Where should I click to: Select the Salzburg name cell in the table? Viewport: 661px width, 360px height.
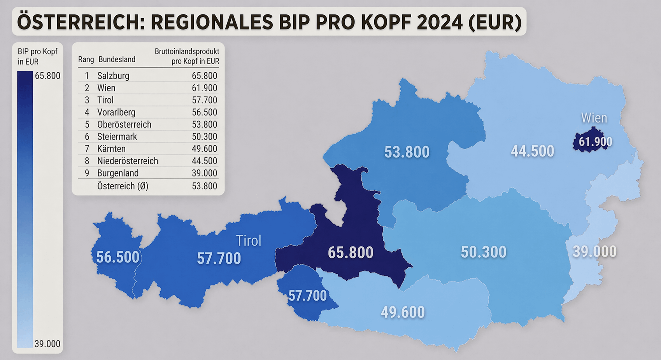tap(113, 76)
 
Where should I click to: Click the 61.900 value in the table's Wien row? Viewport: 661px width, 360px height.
tap(204, 88)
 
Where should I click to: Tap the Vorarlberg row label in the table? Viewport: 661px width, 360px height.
tap(116, 112)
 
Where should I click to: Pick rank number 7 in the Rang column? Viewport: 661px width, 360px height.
tap(87, 149)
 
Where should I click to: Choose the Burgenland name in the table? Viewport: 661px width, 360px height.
tap(118, 173)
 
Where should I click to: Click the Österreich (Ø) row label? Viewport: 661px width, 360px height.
tap(123, 186)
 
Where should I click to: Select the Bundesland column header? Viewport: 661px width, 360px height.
tap(117, 59)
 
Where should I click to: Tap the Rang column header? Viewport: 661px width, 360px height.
tap(86, 59)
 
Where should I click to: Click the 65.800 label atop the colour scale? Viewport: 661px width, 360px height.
tap(47, 76)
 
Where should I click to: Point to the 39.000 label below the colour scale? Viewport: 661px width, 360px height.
tap(47, 344)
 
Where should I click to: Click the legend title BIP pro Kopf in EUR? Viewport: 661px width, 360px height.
tap(37, 56)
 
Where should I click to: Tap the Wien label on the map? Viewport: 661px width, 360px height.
tap(594, 118)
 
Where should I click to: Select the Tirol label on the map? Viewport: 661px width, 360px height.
tap(249, 241)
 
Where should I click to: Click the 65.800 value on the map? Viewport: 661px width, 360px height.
tap(351, 253)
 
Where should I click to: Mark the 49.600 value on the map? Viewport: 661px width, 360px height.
tap(403, 312)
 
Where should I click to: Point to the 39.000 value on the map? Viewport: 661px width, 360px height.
tap(594, 252)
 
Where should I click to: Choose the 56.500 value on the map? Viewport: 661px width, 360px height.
tap(117, 257)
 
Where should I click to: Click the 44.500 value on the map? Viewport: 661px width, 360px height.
tap(532, 151)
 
